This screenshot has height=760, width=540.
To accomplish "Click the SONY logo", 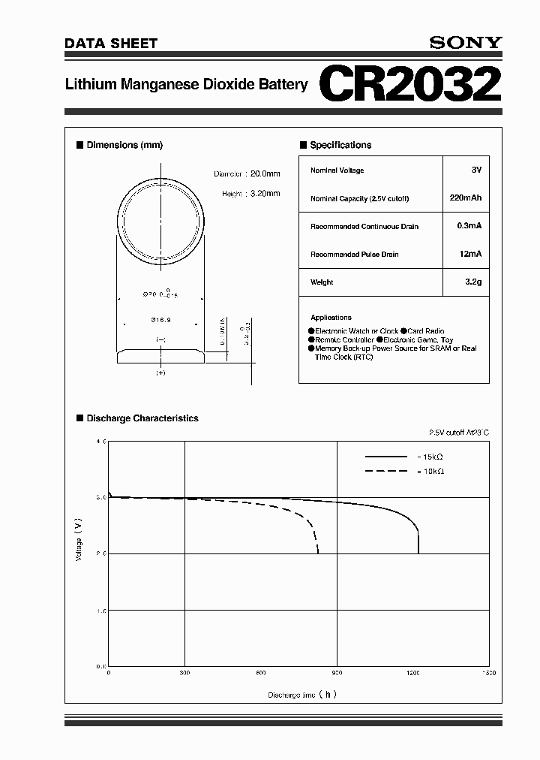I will tap(465, 43).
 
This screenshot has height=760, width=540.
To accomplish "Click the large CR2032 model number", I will tap(410, 85).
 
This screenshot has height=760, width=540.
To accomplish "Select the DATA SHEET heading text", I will tap(111, 44).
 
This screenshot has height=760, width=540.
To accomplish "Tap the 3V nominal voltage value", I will tap(476, 170).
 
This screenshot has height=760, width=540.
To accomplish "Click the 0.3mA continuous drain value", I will tap(469, 226).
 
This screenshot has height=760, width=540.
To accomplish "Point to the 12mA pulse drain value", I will tap(470, 255).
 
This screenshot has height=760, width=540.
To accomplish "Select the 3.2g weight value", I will tap(472, 282).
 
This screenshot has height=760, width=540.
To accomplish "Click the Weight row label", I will tap(322, 282).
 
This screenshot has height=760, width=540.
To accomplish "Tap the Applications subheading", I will tap(331, 318).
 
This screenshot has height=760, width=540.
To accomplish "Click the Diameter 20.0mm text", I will tap(247, 174).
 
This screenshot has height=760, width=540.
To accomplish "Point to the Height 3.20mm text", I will tap(250, 193).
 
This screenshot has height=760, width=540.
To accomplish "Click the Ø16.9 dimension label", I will tap(160, 320).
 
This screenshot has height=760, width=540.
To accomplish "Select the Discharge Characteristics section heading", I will tap(142, 418).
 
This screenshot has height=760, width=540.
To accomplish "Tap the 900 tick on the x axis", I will tap(337, 674).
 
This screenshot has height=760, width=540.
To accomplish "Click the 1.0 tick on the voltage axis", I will tap(100, 610).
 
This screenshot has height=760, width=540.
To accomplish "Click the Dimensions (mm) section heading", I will tap(124, 145).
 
